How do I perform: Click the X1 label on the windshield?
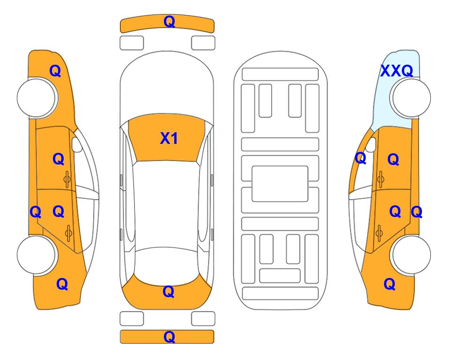tap(169, 138)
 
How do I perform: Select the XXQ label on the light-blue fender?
tap(397, 71)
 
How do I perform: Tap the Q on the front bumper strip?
tap(169, 22)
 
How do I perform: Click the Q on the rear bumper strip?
tap(169, 337)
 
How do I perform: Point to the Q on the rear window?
tap(169, 292)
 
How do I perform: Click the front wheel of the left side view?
tap(37, 98)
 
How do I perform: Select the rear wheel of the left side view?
tap(37, 255)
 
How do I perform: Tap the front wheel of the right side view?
tap(411, 98)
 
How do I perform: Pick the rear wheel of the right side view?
tap(411, 255)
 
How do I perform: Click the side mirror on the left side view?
tap(76, 144)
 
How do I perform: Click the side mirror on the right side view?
tap(371, 144)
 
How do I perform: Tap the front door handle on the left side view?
tap(67, 179)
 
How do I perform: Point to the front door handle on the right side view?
tap(381, 179)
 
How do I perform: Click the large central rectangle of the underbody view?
tap(280, 184)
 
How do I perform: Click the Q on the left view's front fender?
tap(55, 71)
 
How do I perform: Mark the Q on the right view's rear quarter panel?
tap(390, 284)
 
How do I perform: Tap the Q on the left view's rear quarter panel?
tap(62, 284)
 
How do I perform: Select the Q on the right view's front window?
tap(361, 158)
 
